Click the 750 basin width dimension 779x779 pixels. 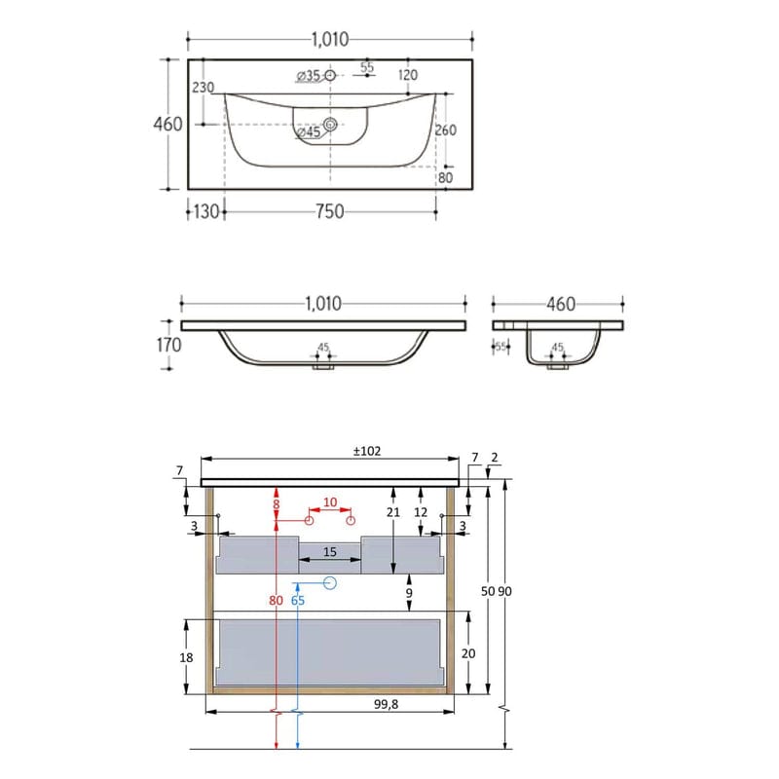[x=329, y=211]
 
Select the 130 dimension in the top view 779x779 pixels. [x=205, y=211]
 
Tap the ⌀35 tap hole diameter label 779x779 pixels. [x=308, y=75]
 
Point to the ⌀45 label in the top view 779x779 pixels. [x=309, y=131]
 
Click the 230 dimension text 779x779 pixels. [x=203, y=88]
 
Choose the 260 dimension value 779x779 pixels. [x=445, y=130]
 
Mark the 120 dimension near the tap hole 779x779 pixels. [x=407, y=75]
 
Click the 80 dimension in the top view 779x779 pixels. [x=445, y=177]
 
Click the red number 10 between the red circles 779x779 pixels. [x=330, y=502]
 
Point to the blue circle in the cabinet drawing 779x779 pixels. [x=328, y=583]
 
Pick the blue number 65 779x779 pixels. [x=298, y=601]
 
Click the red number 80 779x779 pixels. [x=277, y=601]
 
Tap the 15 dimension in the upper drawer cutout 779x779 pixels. [x=329, y=552]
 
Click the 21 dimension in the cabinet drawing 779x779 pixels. [x=393, y=512]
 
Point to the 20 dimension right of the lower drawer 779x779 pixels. [x=467, y=653]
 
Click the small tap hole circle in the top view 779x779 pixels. [x=329, y=75]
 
